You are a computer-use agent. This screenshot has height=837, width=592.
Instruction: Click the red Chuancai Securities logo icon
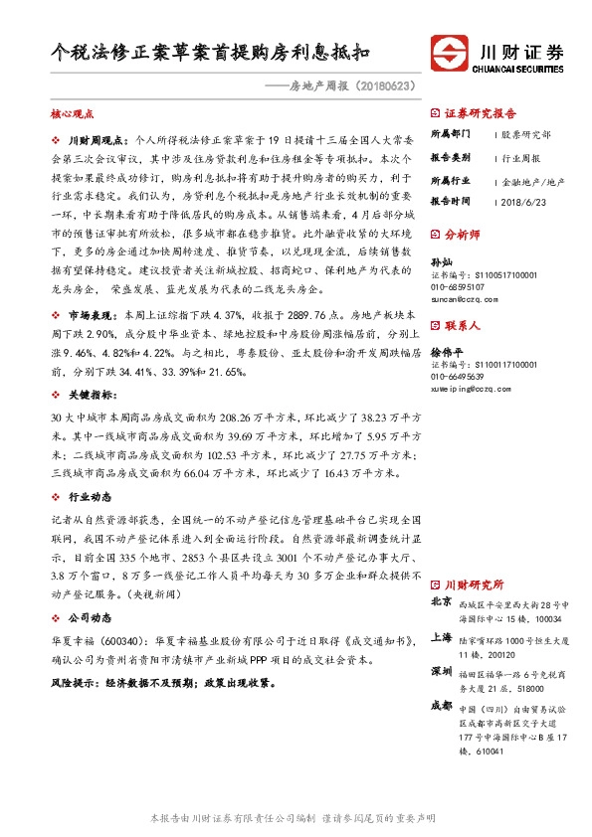tap(451, 53)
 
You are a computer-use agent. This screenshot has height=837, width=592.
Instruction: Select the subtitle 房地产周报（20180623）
tap(351, 88)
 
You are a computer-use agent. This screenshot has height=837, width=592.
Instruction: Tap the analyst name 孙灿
tap(440, 260)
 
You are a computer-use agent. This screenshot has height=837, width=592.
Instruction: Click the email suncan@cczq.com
tap(464, 297)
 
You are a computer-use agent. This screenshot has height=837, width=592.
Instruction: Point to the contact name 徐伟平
tap(445, 350)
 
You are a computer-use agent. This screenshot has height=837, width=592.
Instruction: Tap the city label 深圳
tap(441, 671)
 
